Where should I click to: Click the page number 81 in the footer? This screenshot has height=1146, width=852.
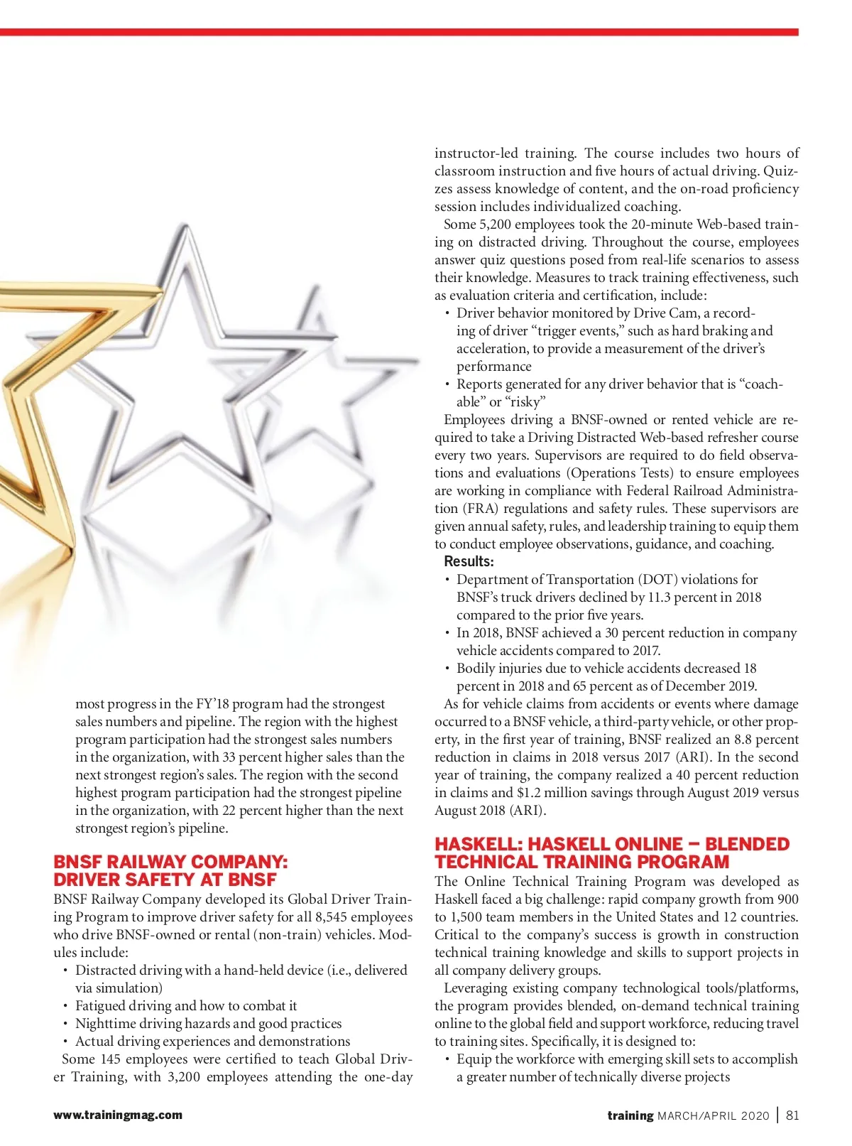(792, 1115)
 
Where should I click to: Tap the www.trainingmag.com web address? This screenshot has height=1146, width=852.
(118, 1115)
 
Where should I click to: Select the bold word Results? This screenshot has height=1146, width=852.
(469, 561)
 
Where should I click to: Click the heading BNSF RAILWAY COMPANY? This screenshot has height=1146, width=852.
(171, 862)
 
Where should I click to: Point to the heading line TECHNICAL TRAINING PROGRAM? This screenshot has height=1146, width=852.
(581, 862)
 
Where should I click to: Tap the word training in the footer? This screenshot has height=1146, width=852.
(630, 1115)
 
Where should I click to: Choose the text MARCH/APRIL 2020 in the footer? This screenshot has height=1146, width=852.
(714, 1115)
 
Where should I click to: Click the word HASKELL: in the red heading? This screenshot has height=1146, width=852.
(479, 844)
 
